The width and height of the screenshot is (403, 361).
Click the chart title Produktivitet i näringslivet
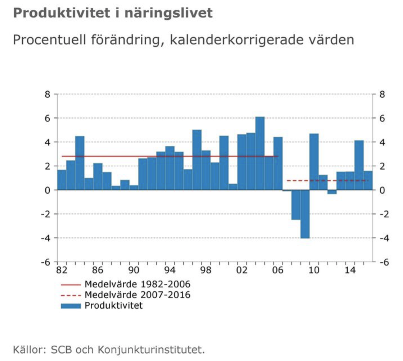pos(113,14)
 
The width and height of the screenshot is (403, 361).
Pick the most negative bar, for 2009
pos(305,214)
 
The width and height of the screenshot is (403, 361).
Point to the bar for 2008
pos(296,204)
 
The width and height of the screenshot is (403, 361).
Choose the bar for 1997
pos(197,160)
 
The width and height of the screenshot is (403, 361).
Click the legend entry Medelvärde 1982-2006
pos(137,284)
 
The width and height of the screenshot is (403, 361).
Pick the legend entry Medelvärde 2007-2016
pos(137,295)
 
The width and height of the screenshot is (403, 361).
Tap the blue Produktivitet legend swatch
pos(71,306)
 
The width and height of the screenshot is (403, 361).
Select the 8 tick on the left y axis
pos(47,94)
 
